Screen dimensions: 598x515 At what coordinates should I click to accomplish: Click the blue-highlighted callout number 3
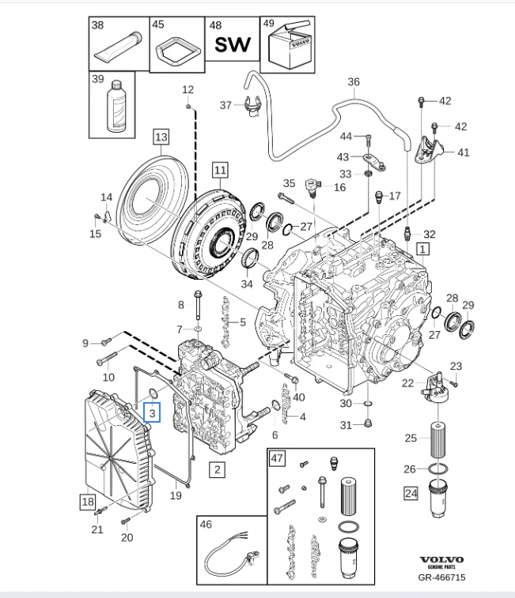tap(152, 411)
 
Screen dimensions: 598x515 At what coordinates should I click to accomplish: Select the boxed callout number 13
tap(161, 137)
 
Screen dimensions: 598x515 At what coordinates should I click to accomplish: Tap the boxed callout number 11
tap(219, 169)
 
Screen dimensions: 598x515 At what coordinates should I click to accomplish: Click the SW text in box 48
tap(233, 44)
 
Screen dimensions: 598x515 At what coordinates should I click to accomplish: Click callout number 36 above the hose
tap(354, 81)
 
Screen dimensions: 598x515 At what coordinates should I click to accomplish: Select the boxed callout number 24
tap(410, 495)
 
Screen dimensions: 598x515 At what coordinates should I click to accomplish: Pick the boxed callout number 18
tap(87, 501)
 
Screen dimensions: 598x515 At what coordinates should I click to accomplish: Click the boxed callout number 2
tap(217, 469)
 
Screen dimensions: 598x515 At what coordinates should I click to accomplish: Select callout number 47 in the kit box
tap(277, 459)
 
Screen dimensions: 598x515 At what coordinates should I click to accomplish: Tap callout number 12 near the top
tap(187, 88)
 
